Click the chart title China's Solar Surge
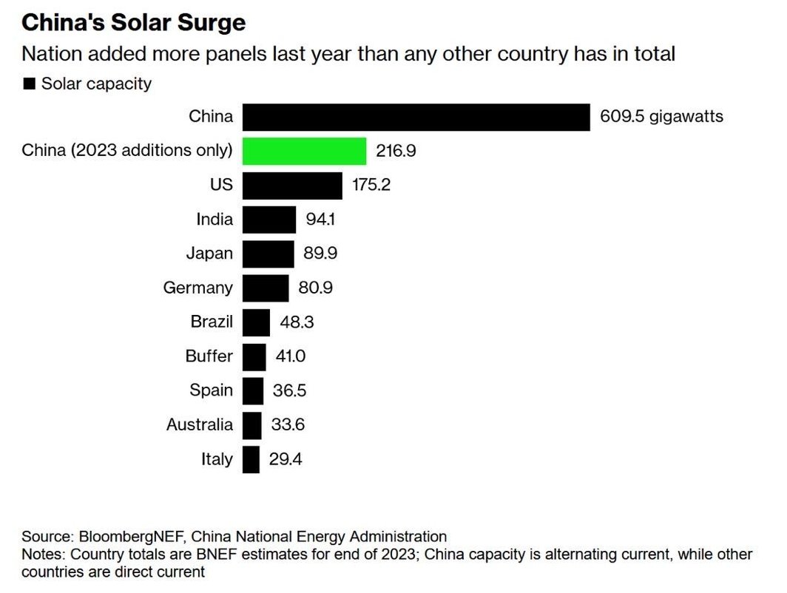(133, 22)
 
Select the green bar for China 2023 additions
(304, 151)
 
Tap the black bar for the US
(292, 185)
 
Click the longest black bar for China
(416, 117)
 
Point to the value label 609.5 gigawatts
(661, 117)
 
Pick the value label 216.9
(396, 152)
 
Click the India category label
(215, 220)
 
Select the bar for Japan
(268, 254)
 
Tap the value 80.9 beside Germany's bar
(315, 288)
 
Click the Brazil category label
(212, 322)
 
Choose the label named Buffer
(209, 356)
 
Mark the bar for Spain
(253, 390)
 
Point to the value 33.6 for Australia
(288, 425)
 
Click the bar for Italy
(251, 459)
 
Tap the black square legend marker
(30, 84)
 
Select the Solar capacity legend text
(96, 84)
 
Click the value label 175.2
(371, 186)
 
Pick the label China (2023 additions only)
(127, 151)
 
